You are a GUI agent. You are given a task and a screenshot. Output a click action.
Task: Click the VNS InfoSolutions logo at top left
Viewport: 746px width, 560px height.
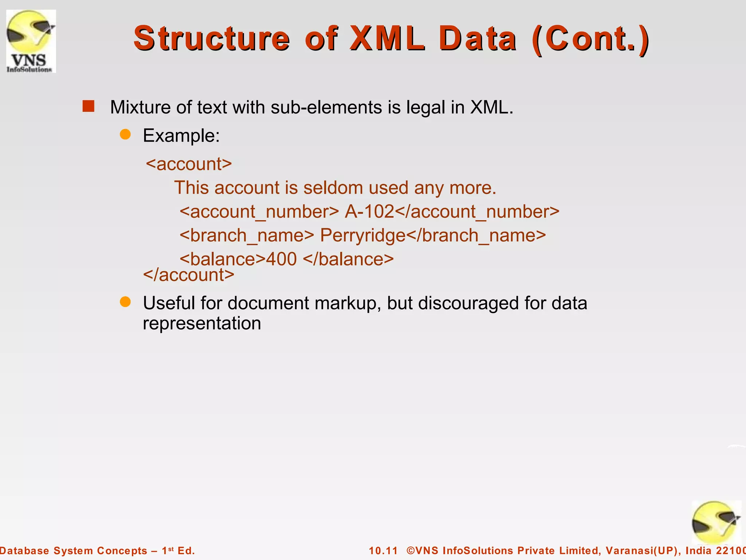[31, 41]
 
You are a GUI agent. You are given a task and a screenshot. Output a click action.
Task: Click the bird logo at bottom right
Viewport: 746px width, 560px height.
[715, 522]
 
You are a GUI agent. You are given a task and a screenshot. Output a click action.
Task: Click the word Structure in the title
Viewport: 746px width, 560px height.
[212, 38]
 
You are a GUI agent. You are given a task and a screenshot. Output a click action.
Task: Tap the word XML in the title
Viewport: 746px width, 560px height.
[387, 38]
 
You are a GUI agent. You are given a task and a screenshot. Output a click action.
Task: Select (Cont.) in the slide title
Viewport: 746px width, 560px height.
[590, 38]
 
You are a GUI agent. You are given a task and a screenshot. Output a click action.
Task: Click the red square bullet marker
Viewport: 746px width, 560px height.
[89, 106]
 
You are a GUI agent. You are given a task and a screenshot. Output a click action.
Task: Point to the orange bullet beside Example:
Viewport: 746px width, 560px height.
[125, 135]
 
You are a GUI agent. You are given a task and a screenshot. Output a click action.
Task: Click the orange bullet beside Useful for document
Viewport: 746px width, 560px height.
[125, 302]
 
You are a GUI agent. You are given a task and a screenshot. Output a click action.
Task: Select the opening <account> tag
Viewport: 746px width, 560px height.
[189, 164]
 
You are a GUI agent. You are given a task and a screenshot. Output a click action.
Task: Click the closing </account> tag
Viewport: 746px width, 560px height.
[189, 275]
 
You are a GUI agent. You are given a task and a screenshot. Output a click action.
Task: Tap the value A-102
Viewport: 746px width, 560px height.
[369, 211]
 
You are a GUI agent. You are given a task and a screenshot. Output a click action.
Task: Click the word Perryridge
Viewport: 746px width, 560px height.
[363, 235]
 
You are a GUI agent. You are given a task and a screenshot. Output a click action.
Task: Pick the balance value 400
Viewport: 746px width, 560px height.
[281, 259]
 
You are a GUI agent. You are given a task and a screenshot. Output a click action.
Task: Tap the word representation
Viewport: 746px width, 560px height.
[202, 323]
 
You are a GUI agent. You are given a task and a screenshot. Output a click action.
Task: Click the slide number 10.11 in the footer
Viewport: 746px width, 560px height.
[383, 551]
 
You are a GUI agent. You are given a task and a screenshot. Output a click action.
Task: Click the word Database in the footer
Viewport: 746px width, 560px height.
[24, 551]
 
